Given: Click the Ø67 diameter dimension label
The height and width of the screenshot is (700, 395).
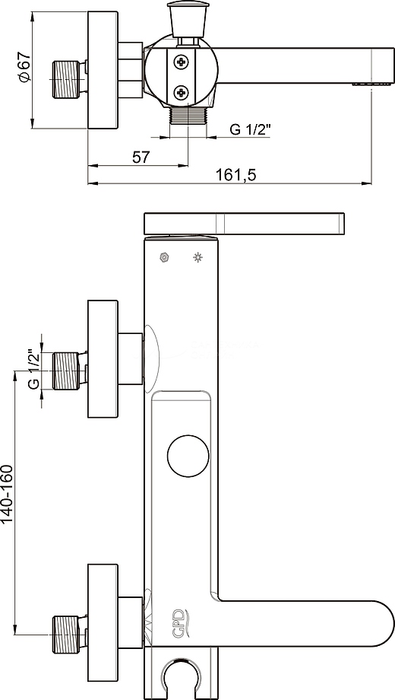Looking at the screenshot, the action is point(25,67).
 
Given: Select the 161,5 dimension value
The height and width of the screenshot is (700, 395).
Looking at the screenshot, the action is point(236,174).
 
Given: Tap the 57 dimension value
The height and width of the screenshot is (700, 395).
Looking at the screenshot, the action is point(141,157).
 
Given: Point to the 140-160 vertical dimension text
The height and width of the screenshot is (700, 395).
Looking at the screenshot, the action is point(8,494).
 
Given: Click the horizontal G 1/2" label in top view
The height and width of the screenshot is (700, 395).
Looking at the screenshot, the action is point(251,130).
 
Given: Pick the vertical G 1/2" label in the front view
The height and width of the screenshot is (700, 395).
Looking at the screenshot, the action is point(33,368).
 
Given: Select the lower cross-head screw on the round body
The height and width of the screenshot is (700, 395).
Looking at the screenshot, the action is point(182,94).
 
